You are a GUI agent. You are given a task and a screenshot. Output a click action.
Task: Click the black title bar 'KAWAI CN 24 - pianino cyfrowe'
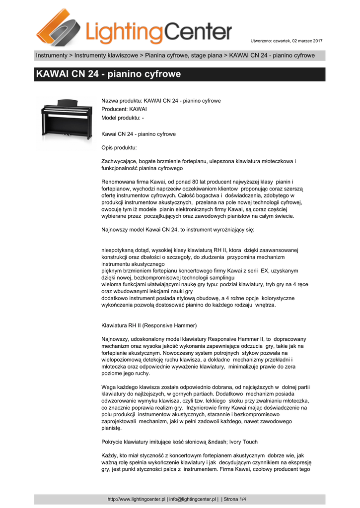tap(180, 74)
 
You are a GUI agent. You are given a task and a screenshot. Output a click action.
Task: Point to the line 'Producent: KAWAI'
tap(124, 109)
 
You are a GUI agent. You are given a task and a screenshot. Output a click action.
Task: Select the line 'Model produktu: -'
tap(123, 118)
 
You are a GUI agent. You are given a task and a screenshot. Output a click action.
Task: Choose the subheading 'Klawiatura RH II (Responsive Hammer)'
tap(149, 325)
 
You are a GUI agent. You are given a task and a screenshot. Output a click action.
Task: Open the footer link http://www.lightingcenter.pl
tap(137, 499)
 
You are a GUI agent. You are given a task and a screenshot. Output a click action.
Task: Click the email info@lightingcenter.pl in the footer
tap(193, 499)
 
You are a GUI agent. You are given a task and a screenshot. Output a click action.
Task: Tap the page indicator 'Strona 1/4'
tap(236, 499)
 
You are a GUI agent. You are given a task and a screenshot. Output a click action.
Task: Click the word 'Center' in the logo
tap(198, 32)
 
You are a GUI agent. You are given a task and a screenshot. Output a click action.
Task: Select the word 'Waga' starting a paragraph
tap(109, 387)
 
